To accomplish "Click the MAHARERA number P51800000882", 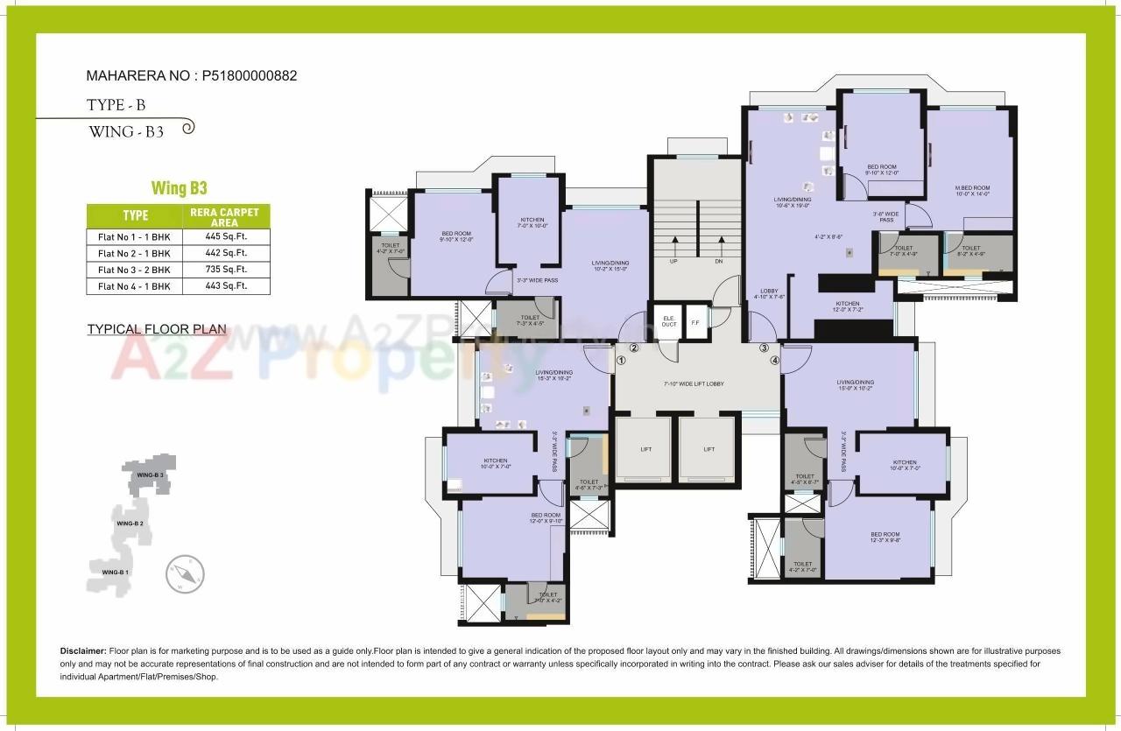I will tap(250, 75).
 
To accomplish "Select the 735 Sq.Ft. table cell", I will tap(224, 270).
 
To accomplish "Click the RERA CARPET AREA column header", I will tap(224, 217).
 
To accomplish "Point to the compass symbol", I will tap(185, 574).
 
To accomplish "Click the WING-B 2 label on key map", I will tap(129, 523).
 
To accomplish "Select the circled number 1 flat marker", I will tap(622, 359).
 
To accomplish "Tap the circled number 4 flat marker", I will tap(774, 359).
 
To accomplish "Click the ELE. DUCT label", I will tap(669, 321).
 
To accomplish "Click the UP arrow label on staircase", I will tap(674, 261).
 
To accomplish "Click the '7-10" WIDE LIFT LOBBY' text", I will tap(694, 383).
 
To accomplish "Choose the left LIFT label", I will tap(645, 449).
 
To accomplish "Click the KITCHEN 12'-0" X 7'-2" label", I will tap(847, 306).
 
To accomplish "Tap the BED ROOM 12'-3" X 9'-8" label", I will tap(885, 538).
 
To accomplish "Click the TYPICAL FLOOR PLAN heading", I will tap(157, 329).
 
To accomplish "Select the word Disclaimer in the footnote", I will tap(82, 651).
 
